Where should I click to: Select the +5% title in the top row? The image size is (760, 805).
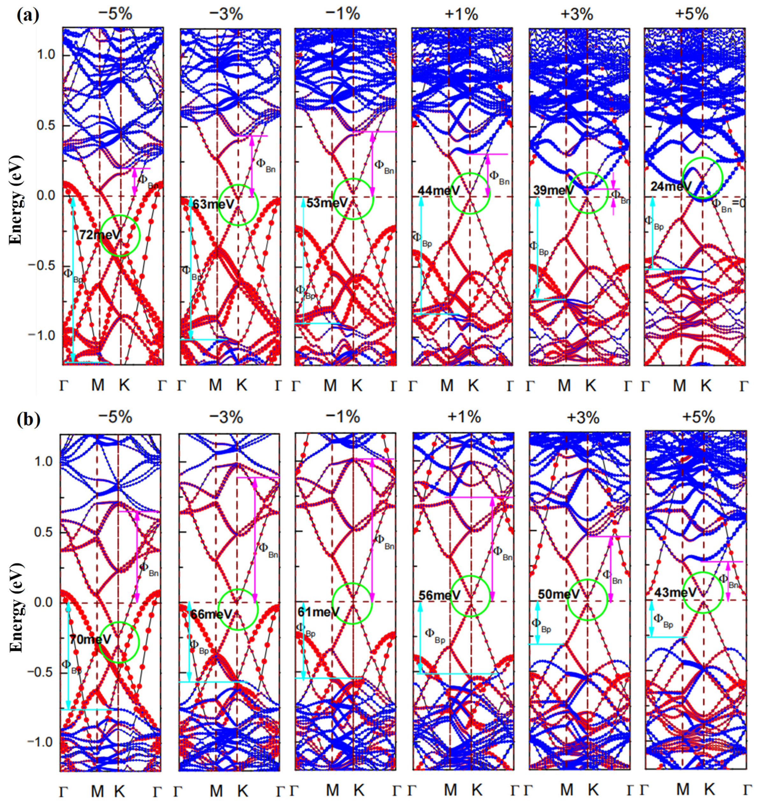[x=692, y=14]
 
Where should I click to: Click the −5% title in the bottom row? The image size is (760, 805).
[x=115, y=417]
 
